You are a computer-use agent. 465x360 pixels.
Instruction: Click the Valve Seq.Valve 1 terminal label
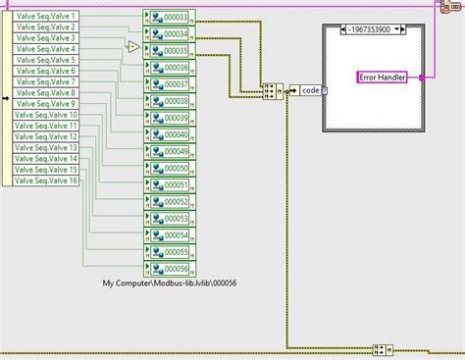point(46,17)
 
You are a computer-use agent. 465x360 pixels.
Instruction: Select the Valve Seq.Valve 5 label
point(46,61)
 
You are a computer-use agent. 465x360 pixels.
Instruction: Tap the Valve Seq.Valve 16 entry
point(48,180)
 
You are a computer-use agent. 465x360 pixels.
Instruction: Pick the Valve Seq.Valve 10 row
point(48,116)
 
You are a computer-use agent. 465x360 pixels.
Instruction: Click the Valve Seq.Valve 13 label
point(48,148)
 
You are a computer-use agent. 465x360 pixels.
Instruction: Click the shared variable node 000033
point(169,17)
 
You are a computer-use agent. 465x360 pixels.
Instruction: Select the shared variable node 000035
point(169,50)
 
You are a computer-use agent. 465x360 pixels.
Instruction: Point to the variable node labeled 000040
point(169,134)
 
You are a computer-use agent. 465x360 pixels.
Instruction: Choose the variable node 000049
point(169,151)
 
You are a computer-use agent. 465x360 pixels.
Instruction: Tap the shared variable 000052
point(169,201)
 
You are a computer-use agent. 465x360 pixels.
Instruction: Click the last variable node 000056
point(169,268)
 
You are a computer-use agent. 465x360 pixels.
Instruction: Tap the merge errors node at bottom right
point(384,349)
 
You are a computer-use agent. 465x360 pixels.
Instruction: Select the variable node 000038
point(169,101)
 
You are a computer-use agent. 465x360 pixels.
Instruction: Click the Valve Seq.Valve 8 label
point(46,93)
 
